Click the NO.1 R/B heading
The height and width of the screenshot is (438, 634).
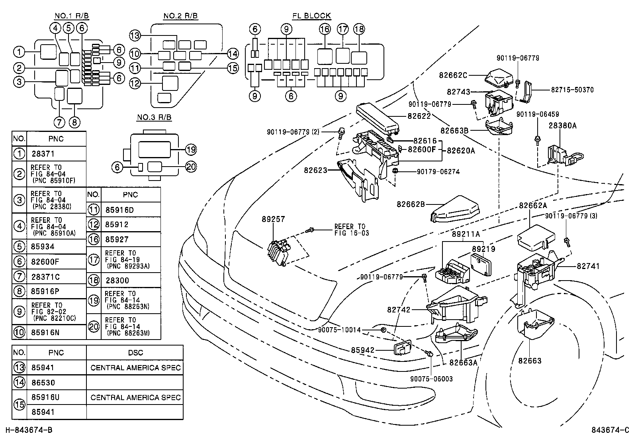tap(72, 16)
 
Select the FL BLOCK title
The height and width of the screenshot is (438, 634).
tap(311, 16)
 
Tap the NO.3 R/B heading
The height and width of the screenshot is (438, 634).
tap(154, 118)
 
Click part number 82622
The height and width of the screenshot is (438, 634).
tap(419, 116)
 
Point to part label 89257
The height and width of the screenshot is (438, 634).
tap(274, 219)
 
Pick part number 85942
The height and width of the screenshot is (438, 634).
tap(363, 350)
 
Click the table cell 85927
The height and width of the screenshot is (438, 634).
tap(117, 240)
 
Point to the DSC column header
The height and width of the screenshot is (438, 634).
tap(135, 353)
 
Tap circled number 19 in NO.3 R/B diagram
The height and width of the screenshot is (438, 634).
tap(191, 150)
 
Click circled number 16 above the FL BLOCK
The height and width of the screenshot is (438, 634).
tap(325, 29)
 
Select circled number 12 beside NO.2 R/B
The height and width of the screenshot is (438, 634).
tap(135, 83)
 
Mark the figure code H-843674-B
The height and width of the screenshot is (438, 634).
tap(28, 430)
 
